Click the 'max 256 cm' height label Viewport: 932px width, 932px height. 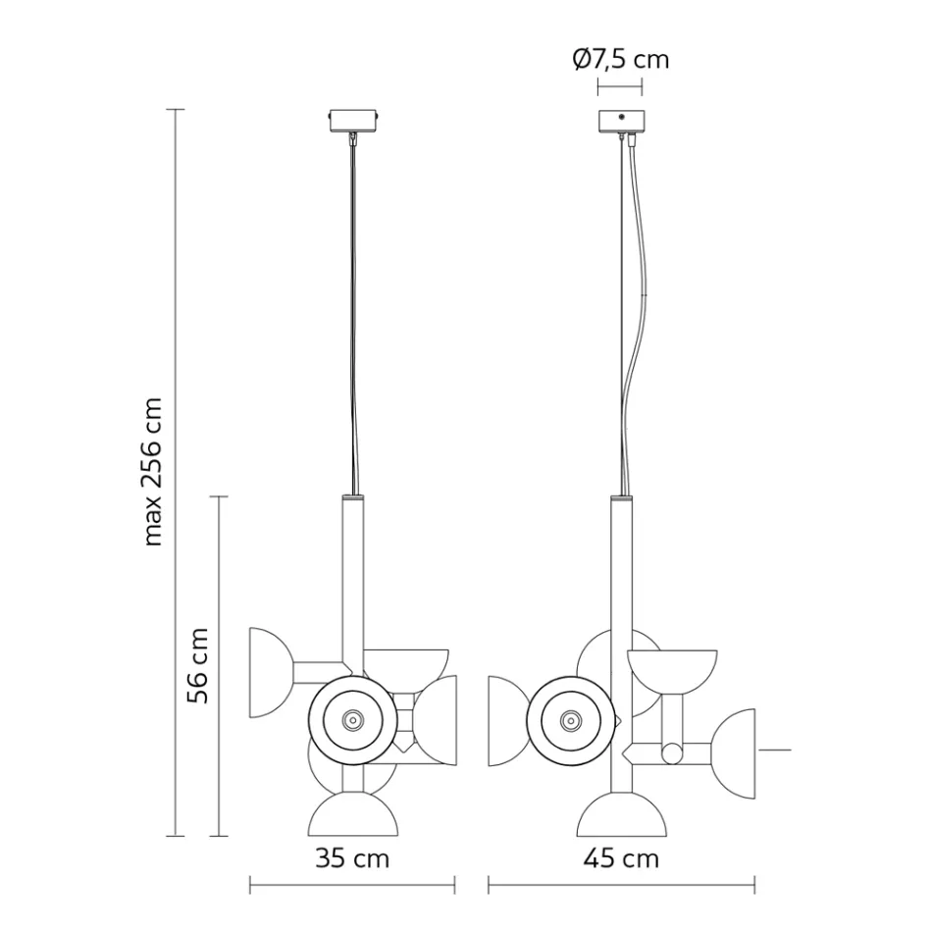click(x=153, y=471)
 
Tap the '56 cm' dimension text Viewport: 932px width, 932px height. click(x=198, y=665)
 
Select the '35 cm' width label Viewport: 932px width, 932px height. click(x=352, y=859)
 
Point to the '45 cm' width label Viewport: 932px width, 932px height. click(x=621, y=859)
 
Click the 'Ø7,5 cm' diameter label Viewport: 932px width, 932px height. click(x=620, y=60)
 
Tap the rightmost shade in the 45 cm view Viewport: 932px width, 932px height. click(x=738, y=751)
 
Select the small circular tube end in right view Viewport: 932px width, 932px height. click(x=672, y=753)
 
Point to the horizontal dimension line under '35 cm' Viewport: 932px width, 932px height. click(x=352, y=889)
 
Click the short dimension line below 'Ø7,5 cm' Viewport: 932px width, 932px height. click(x=620, y=87)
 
